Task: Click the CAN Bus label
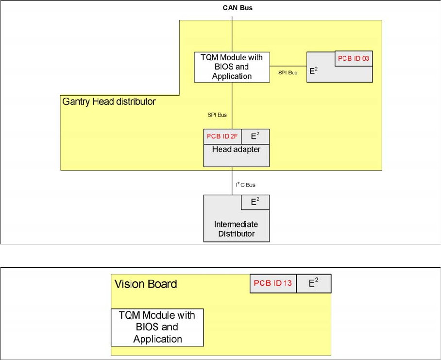coord(237,8)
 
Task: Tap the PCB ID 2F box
coord(222,137)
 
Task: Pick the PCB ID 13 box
coord(273,283)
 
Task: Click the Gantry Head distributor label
coord(109,102)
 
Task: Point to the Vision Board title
coord(145,284)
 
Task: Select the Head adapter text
coord(236,150)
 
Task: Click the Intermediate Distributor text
coord(236,229)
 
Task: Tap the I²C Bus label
coord(246,185)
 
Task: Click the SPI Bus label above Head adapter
coord(217,115)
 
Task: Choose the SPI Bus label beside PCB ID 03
coord(288,73)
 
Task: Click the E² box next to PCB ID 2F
coord(255,137)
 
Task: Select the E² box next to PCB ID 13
coord(313,283)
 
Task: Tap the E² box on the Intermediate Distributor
coord(255,202)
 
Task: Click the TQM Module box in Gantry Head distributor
coord(232,67)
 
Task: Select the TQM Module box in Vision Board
coord(157,327)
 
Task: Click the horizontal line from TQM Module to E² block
coord(288,67)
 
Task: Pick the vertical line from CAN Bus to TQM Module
coord(233,34)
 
